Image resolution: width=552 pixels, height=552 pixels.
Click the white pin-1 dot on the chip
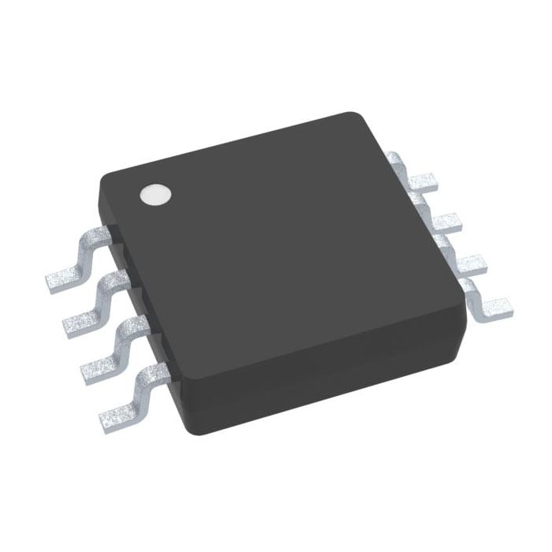tap(155, 194)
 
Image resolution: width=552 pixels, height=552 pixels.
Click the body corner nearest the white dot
tap(104, 178)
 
